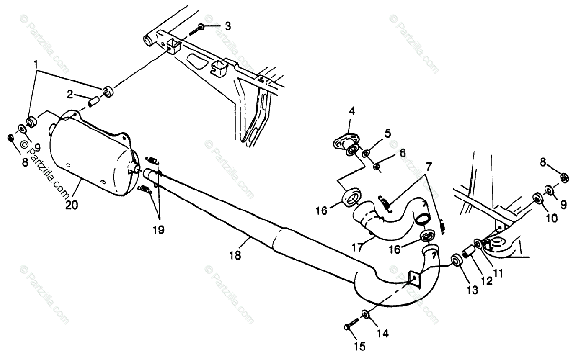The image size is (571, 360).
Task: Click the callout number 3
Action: [x=228, y=27]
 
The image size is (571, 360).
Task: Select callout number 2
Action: [x=70, y=94]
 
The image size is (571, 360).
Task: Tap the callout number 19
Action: [x=158, y=230]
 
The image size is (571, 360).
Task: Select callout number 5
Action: [x=388, y=133]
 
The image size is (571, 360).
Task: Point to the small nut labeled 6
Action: [x=376, y=167]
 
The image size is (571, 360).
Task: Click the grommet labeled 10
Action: [x=538, y=198]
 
